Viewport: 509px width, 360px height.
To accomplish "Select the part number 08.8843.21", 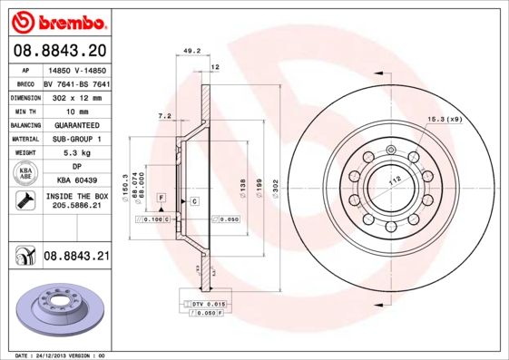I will pyautogui.click(x=76, y=257).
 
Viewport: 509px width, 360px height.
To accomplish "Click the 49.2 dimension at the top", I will pyautogui.click(x=191, y=52).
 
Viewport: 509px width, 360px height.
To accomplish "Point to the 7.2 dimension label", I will pyautogui.click(x=164, y=116).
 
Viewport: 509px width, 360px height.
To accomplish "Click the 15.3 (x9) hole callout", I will pyautogui.click(x=444, y=119).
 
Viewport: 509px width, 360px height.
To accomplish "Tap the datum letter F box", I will pyautogui.click(x=161, y=197).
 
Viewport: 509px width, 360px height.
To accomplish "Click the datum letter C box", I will pyautogui.click(x=195, y=199).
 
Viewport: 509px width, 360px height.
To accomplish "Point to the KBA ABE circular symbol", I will pyautogui.click(x=24, y=173).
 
